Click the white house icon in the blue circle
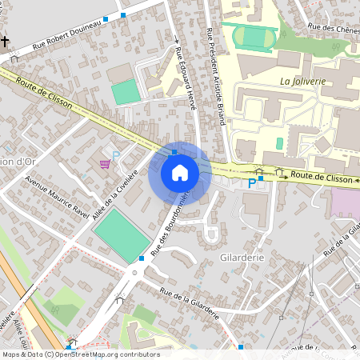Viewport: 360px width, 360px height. point(180,173)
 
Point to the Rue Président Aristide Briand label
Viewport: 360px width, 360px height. point(214,60)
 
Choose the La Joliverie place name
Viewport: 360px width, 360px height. point(299,82)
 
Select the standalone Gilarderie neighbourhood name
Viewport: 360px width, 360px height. point(242,259)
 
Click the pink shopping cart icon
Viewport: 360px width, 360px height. point(105,164)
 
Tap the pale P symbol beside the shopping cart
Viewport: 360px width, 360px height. point(116,156)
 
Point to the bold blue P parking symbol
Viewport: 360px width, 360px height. point(251,183)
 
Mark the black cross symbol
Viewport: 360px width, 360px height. point(6,41)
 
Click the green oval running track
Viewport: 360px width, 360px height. point(254,37)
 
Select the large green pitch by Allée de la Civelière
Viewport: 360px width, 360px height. point(122,230)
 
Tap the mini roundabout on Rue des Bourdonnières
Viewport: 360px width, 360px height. point(134,273)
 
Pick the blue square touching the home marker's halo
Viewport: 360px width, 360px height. point(174,151)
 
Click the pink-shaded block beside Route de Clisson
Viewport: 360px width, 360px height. point(345,202)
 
